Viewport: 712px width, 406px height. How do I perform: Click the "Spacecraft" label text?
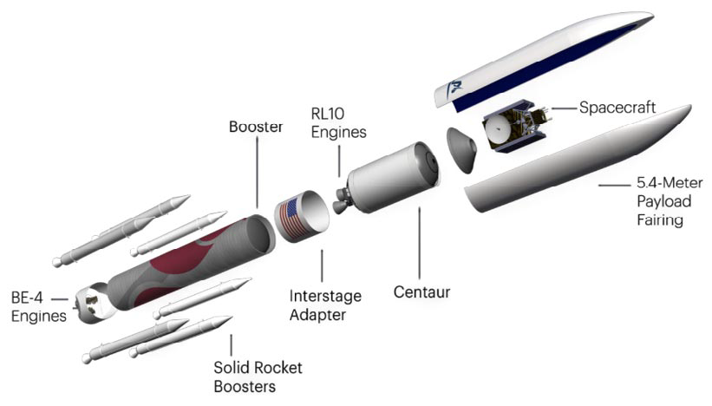click(x=617, y=108)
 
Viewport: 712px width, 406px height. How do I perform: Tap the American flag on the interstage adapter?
click(x=293, y=218)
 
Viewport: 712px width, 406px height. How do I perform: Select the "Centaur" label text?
click(x=421, y=292)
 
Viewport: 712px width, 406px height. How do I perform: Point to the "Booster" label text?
click(x=256, y=127)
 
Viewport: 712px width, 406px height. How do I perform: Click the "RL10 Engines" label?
click(x=338, y=122)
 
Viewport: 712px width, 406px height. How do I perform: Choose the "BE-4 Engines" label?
click(x=39, y=307)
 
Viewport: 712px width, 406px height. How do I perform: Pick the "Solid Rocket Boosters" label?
click(x=258, y=377)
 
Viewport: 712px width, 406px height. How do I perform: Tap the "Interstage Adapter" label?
click(x=325, y=305)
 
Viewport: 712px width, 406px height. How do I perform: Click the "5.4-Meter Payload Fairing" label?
click(x=670, y=201)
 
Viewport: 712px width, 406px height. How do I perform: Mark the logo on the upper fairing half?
click(x=454, y=88)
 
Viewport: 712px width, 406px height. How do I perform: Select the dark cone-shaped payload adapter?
click(x=461, y=150)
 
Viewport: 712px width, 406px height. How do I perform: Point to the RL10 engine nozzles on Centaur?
click(x=342, y=200)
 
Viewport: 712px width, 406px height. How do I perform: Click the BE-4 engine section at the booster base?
click(x=93, y=303)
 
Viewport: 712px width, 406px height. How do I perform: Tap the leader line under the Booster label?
click(x=257, y=172)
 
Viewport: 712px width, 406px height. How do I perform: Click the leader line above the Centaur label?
click(x=419, y=243)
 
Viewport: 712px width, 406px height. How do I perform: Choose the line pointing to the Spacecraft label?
click(x=564, y=108)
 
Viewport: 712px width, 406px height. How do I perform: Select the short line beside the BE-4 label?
click(x=60, y=299)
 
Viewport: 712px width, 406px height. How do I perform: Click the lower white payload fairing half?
click(x=578, y=159)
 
